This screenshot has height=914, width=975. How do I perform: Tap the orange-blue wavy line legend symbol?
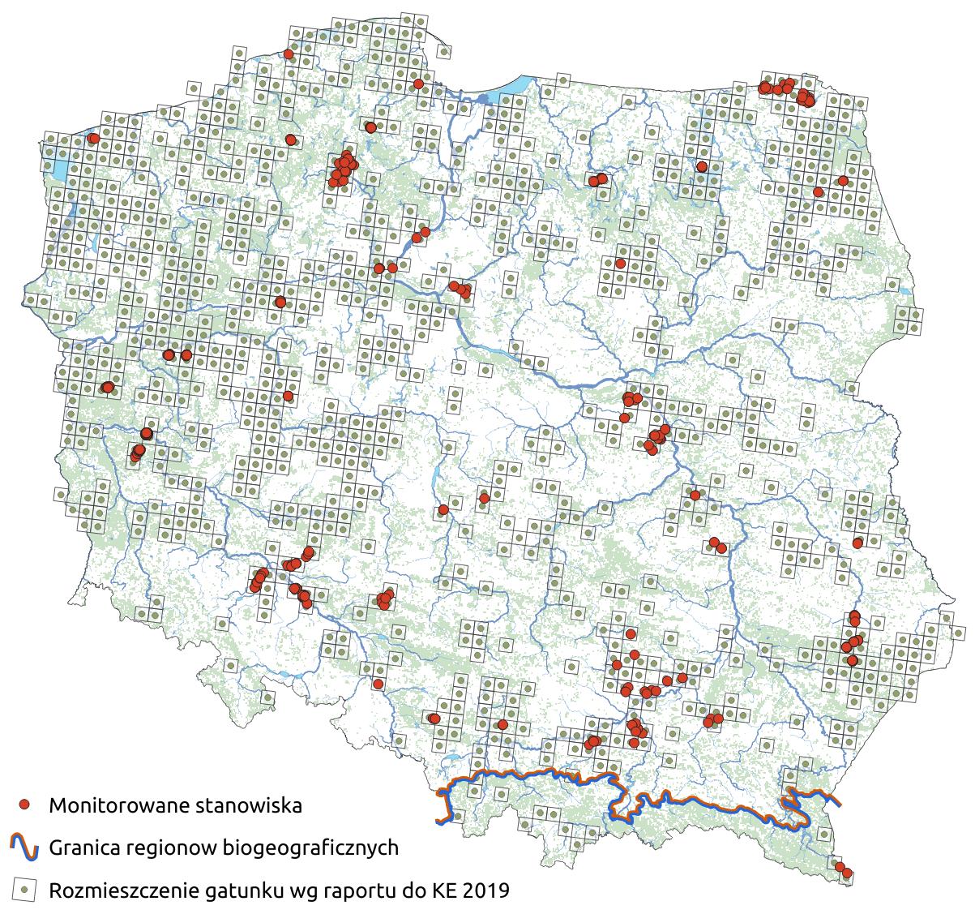tap(24, 847)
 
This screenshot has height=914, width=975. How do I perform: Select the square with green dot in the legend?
tap(24, 890)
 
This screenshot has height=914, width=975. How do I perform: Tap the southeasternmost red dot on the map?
tap(848, 873)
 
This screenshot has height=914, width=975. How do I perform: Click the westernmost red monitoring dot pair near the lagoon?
tap(92, 139)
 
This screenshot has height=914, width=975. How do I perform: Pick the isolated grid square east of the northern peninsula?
tap(444, 51)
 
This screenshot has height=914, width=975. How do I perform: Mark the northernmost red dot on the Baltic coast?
tap(289, 54)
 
